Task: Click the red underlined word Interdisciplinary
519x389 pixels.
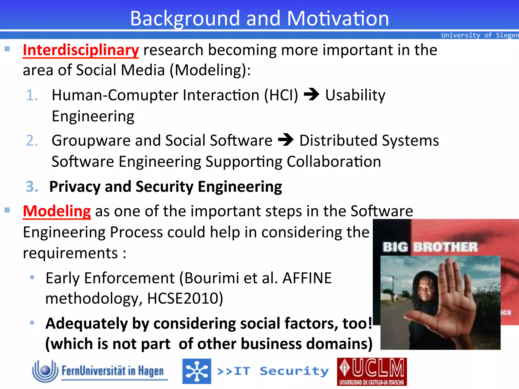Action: [81, 50]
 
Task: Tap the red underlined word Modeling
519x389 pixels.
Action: [57, 211]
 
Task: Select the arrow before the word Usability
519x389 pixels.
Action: [311, 94]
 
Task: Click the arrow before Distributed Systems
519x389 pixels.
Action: [286, 140]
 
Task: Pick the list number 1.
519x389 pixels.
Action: [32, 95]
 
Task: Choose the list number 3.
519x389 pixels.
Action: [32, 187]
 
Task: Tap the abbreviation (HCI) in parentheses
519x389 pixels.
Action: [281, 95]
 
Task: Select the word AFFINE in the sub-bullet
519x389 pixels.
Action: [307, 278]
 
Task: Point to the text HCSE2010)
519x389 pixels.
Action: [185, 298]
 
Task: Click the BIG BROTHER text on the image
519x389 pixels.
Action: [430, 247]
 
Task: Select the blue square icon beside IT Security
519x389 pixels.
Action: [197, 371]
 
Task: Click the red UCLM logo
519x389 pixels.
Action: [372, 371]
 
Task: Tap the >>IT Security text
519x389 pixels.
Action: [273, 371]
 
